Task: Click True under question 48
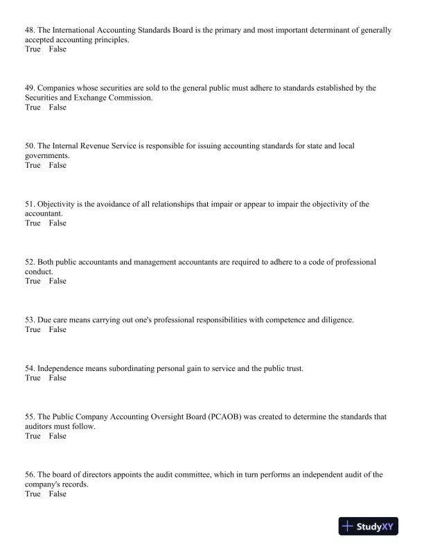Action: click(33, 50)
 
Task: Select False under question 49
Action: click(58, 107)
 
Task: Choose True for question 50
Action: click(33, 165)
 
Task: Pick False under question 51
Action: click(58, 223)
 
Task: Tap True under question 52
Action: click(33, 281)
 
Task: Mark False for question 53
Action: click(58, 329)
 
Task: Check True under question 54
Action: click(33, 378)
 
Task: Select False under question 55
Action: click(58, 436)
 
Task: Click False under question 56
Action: click(58, 494)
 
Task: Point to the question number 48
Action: click(30, 31)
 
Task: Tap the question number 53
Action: click(30, 320)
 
